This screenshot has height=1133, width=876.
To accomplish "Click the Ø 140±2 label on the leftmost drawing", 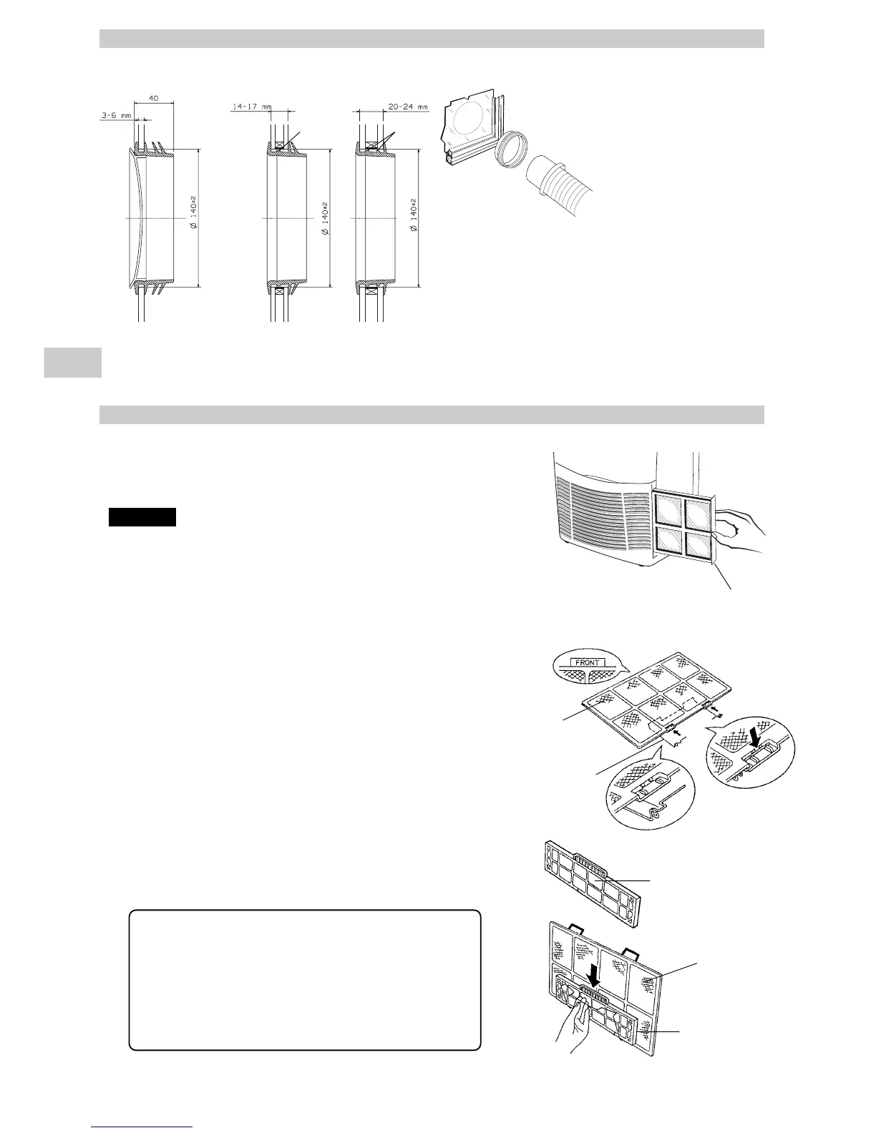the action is pyautogui.click(x=193, y=215).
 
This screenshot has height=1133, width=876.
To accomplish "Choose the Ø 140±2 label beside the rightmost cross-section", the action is pyautogui.click(x=413, y=215).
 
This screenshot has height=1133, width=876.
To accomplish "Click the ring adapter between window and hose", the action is pyautogui.click(x=512, y=150).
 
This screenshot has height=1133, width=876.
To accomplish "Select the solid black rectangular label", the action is pyautogui.click(x=142, y=516).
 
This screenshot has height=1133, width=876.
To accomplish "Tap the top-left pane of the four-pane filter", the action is pyautogui.click(x=669, y=511).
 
